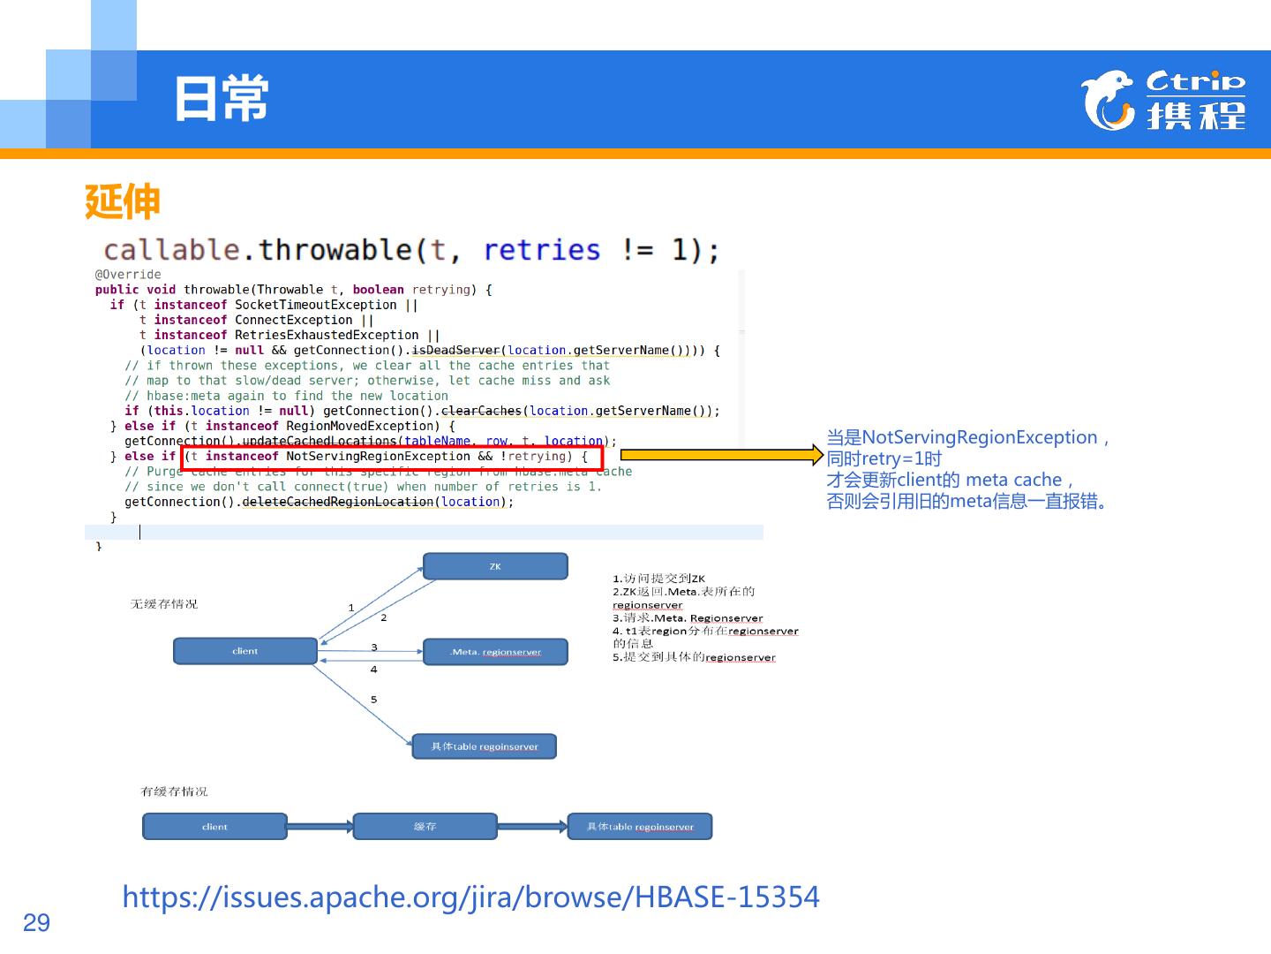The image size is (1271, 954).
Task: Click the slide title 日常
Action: pos(221,98)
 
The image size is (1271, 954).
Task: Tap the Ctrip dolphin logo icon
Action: pos(1108,100)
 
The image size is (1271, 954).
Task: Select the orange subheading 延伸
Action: pos(122,201)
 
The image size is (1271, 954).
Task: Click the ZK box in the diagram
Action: pos(494,566)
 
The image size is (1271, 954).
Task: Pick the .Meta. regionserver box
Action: pos(494,652)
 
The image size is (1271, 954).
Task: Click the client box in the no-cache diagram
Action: pos(244,651)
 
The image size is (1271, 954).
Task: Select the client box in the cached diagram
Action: pos(214,827)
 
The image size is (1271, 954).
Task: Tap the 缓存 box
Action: pos(425,827)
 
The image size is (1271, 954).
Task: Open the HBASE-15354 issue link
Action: pos(470,897)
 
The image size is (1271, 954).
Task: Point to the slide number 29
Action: pos(36,923)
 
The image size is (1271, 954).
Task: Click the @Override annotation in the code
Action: pos(128,275)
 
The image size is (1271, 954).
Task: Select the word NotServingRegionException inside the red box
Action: pos(378,457)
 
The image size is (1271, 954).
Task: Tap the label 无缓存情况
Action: pos(164,604)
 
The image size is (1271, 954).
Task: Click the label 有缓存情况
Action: pos(174,791)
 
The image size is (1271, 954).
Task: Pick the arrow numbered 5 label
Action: pos(374,700)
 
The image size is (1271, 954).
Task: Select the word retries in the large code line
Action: pos(541,250)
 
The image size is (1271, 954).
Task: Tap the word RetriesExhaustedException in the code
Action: pos(327,336)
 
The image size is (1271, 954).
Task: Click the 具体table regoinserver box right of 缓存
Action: pos(640,827)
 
